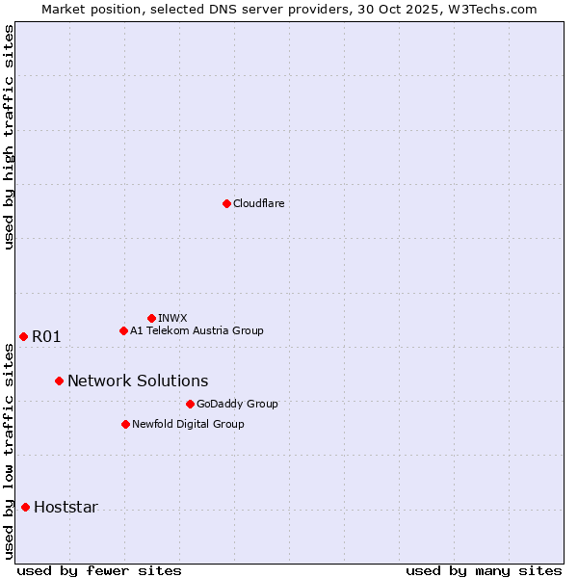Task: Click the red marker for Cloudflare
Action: tap(226, 203)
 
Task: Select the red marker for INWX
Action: tap(151, 318)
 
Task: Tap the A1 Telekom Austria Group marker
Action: tap(123, 330)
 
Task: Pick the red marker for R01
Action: tap(23, 336)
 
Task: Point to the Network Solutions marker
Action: tap(59, 381)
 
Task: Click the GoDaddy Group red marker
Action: tap(190, 404)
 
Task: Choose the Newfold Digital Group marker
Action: tap(125, 424)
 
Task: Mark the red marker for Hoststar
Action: tap(25, 507)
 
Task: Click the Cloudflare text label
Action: tap(258, 203)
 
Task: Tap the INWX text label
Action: tap(172, 318)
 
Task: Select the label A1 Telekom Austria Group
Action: tap(197, 330)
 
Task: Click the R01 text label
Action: tap(46, 336)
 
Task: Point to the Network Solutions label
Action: tap(138, 381)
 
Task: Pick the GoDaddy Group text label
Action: tap(237, 404)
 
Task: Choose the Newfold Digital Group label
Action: tap(188, 424)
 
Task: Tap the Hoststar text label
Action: tap(66, 507)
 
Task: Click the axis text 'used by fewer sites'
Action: tap(99, 570)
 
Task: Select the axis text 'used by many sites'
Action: tap(484, 570)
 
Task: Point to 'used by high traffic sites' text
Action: tap(9, 137)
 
